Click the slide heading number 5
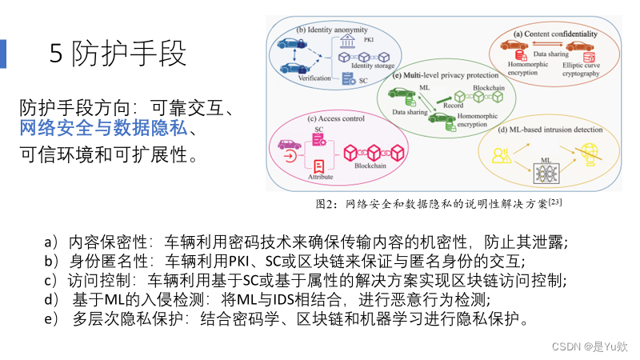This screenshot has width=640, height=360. tap(56, 54)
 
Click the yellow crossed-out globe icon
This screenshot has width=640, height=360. tap(590, 151)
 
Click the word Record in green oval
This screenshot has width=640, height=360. tap(453, 105)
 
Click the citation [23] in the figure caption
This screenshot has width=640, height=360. tap(555, 202)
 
